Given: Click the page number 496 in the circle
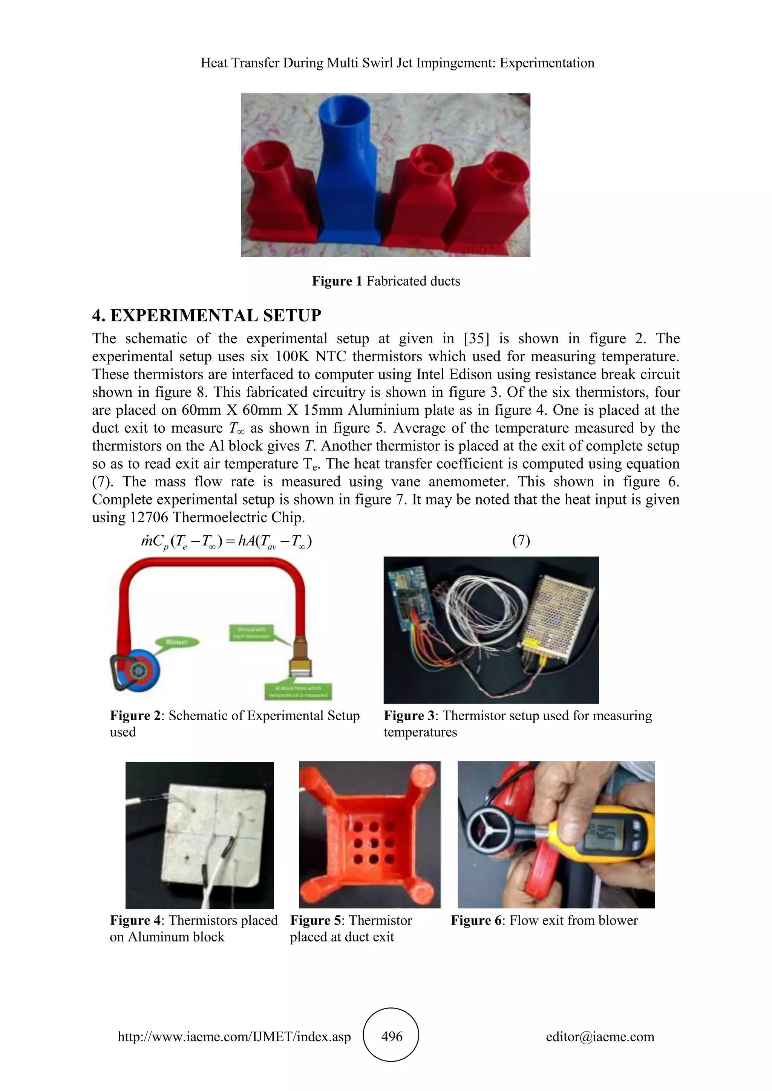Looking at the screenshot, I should pos(391,1036).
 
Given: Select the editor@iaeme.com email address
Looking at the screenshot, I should pos(600,1036).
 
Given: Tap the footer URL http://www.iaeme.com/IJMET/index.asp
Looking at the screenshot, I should pos(234,1036).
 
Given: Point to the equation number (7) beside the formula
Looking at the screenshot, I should pos(521,541).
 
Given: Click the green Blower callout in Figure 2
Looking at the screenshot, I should pos(177,642).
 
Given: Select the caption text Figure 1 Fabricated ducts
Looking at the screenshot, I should pos(386,281).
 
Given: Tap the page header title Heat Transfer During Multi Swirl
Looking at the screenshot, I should pos(397,63).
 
